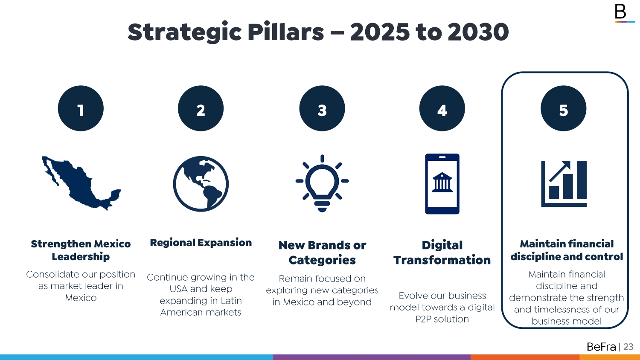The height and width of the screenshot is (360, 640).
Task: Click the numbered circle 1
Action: [81, 108]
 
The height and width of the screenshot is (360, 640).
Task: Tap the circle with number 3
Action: [322, 108]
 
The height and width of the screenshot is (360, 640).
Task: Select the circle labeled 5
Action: [564, 108]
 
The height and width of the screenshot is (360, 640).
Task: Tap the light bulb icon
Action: [322, 183]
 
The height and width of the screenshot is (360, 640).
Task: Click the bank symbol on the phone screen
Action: [442, 182]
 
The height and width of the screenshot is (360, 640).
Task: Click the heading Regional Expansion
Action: [201, 243]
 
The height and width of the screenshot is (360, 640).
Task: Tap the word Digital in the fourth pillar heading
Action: [442, 245]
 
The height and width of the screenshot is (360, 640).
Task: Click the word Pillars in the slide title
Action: [286, 32]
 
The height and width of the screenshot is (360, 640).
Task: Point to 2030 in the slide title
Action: [478, 32]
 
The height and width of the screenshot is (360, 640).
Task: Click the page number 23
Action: [628, 347]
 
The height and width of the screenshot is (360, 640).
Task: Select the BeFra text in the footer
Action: [601, 347]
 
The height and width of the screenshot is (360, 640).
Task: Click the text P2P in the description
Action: [423, 319]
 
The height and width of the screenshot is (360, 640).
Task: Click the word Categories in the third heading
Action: [322, 260]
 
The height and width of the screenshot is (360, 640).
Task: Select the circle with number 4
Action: [442, 108]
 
